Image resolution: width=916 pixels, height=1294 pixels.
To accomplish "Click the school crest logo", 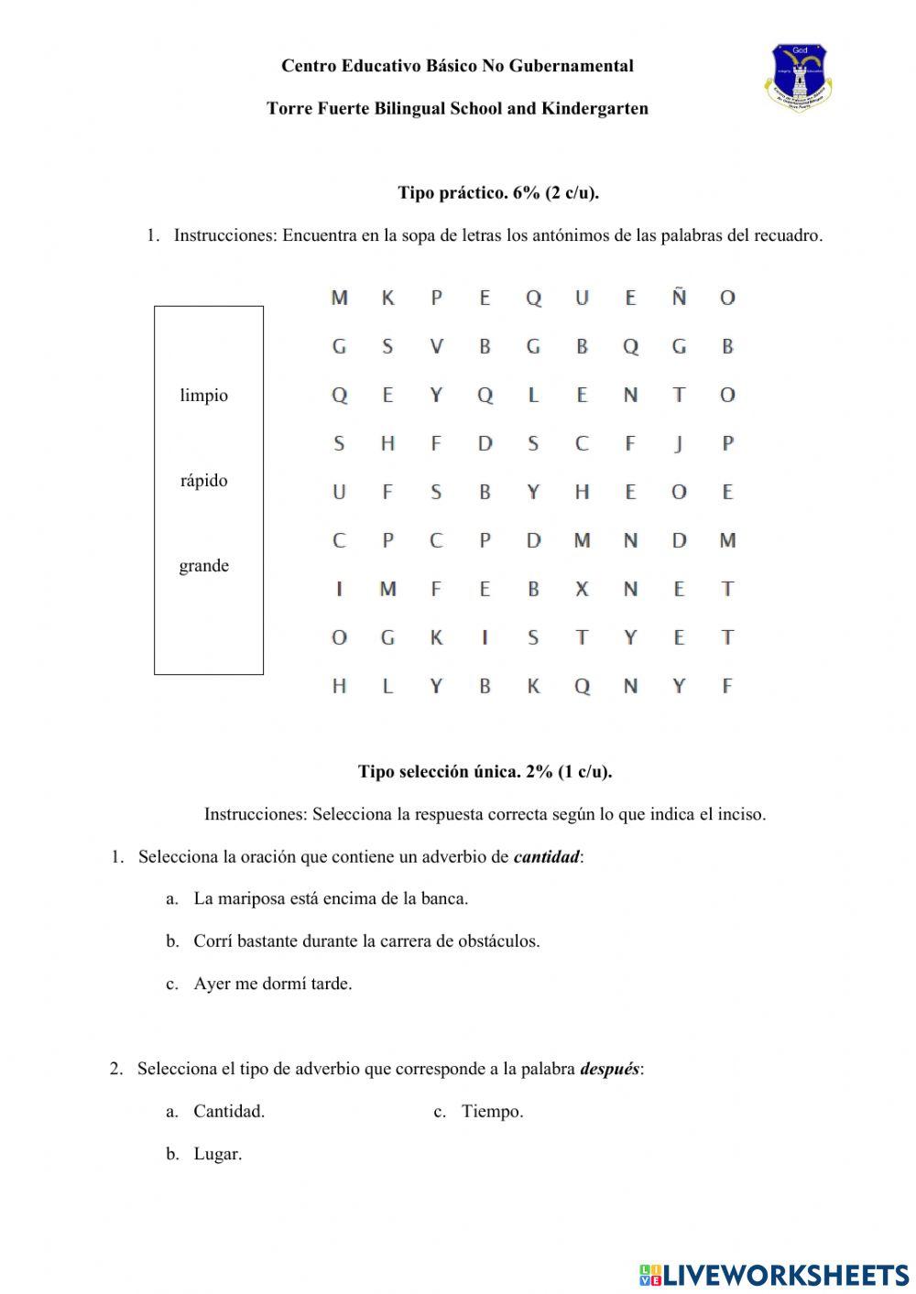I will (x=798, y=77).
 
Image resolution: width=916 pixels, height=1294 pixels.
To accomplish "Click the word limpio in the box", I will (x=203, y=396).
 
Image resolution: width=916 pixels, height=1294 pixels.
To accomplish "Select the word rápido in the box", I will (x=203, y=481).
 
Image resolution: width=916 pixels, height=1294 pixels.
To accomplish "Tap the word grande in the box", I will (x=203, y=566).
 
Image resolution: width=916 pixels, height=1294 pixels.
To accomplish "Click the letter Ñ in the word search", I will (x=679, y=297).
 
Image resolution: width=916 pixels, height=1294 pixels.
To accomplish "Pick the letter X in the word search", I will (x=582, y=589).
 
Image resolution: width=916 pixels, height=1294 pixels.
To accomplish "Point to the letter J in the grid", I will (x=679, y=443).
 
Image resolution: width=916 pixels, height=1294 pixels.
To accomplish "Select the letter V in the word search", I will (x=436, y=346).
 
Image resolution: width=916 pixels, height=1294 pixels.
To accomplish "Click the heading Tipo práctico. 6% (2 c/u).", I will (x=498, y=192).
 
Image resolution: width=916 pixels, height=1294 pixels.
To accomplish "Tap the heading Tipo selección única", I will (x=485, y=771).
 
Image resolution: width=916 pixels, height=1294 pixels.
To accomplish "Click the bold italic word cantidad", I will (x=546, y=857).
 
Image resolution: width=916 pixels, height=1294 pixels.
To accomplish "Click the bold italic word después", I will (x=609, y=1069).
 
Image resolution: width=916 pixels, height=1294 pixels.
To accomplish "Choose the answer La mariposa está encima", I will (x=331, y=898).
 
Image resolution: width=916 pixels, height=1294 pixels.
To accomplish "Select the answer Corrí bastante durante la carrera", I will (x=366, y=941).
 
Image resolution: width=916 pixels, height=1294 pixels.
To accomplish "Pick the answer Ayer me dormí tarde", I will (x=273, y=984).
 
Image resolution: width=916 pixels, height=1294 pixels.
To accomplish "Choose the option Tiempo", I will (x=492, y=1112).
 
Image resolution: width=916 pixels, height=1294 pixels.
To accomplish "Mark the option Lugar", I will (x=217, y=1154).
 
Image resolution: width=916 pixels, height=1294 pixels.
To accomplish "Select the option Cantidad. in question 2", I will (x=229, y=1112).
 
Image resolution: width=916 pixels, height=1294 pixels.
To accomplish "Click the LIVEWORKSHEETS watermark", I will (x=774, y=1274).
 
